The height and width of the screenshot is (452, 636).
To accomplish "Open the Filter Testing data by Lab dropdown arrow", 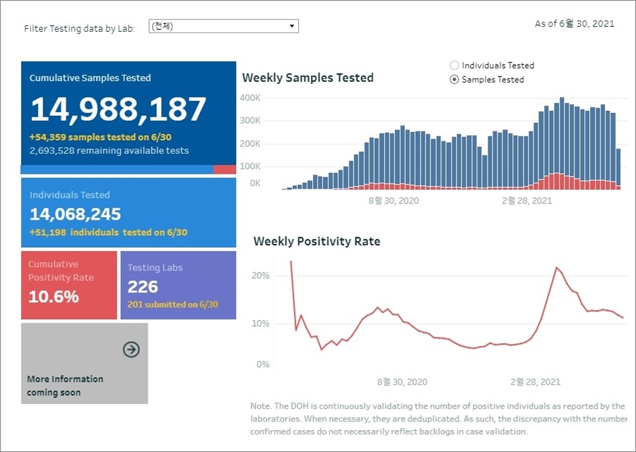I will click(292, 26).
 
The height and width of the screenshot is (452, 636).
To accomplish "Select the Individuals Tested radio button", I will click(454, 65).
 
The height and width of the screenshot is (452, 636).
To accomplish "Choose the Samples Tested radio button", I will click(454, 80).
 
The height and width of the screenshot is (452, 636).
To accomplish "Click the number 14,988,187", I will click(118, 109).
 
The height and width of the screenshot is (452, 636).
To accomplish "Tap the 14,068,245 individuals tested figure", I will click(75, 214).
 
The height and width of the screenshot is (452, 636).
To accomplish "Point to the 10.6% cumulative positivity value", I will click(54, 297).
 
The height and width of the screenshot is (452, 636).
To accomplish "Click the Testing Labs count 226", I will click(143, 287).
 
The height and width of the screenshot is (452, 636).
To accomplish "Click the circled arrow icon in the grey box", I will click(131, 349).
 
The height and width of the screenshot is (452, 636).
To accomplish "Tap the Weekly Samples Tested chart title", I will click(307, 78).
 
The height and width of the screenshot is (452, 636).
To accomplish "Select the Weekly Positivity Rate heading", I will click(317, 242).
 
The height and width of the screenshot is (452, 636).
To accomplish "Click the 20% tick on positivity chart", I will click(261, 275).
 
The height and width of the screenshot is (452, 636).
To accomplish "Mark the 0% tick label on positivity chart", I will click(262, 364).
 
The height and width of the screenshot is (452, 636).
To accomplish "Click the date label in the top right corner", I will click(574, 23).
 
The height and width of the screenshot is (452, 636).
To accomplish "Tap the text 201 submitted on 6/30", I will click(172, 305).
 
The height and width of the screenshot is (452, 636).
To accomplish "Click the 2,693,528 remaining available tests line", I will click(109, 150).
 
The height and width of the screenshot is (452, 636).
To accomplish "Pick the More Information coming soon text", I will click(65, 386).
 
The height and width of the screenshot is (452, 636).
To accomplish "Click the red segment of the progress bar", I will click(225, 169).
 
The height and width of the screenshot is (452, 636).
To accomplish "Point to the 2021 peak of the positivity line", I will click(557, 268).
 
